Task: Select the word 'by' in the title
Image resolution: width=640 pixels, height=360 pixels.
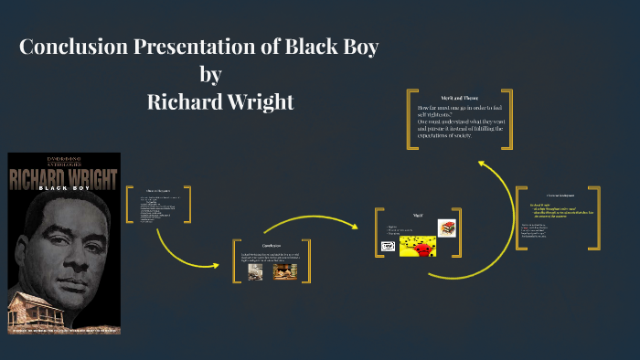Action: click(x=210, y=73)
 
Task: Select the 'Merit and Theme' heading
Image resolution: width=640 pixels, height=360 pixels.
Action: click(x=459, y=98)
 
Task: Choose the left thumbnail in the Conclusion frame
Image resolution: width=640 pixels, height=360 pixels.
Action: click(x=255, y=271)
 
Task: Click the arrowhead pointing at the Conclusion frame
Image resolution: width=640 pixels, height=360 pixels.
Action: click(x=216, y=266)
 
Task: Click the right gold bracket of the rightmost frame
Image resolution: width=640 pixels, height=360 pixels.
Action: click(x=596, y=217)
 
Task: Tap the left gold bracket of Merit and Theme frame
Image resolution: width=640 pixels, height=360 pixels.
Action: click(x=412, y=119)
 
